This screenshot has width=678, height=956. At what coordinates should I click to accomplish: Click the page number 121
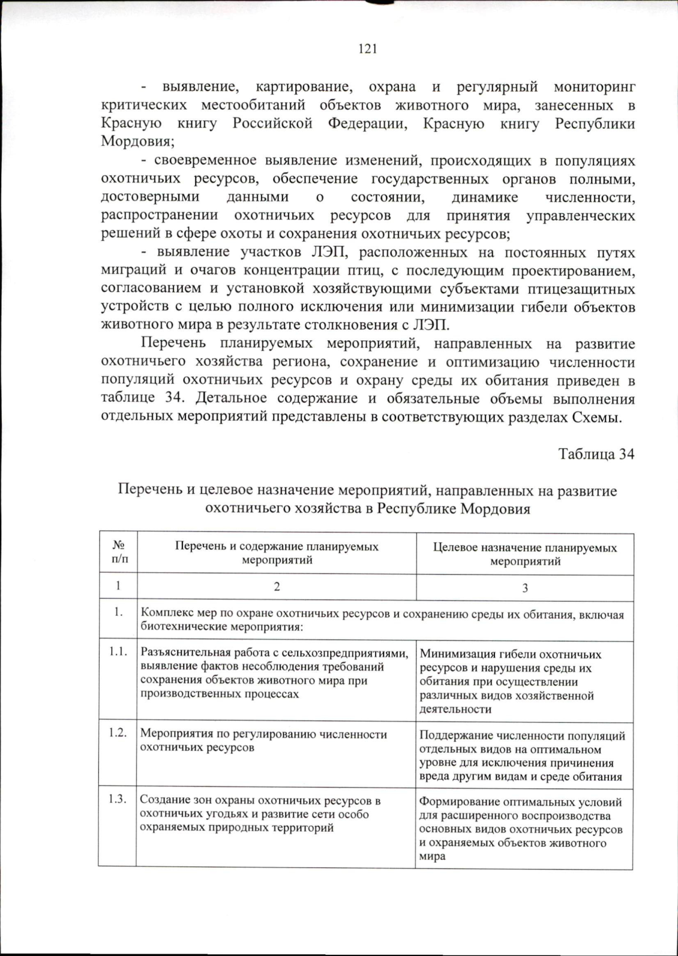coord(367,49)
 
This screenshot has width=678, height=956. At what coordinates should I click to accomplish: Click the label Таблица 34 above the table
coord(596,454)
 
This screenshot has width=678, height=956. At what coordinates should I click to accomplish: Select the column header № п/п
coord(119,553)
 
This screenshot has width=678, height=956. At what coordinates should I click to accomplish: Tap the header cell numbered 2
coord(277,586)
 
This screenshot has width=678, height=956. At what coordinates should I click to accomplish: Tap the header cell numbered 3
coord(525,588)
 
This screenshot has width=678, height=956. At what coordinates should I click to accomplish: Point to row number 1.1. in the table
coord(118,651)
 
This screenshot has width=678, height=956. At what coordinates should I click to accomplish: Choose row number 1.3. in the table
coord(118,799)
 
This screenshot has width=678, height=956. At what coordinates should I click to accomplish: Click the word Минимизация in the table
coord(454,655)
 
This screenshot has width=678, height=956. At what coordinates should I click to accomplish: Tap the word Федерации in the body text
coord(367,124)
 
